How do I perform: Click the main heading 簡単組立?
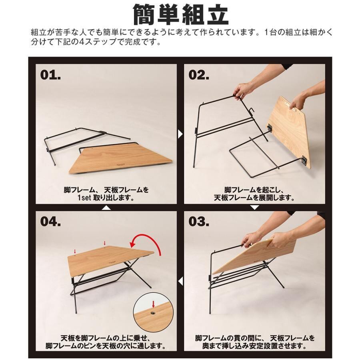[x=181, y=15]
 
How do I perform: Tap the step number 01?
[x=50, y=75]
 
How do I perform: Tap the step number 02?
[x=199, y=75]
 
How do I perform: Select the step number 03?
[x=199, y=222]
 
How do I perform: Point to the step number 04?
[x=50, y=222]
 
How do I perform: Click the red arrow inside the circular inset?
[x=153, y=304]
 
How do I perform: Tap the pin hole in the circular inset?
[x=153, y=312]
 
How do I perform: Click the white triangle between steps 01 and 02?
[x=180, y=134]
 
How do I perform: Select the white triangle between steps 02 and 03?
[x=254, y=208]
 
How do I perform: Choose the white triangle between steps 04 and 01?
[x=106, y=208]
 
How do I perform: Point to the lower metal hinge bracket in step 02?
[x=304, y=160]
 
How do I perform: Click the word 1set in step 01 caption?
[x=84, y=198]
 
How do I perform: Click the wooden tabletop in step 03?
[x=254, y=256]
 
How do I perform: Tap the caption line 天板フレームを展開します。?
[x=254, y=198]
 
